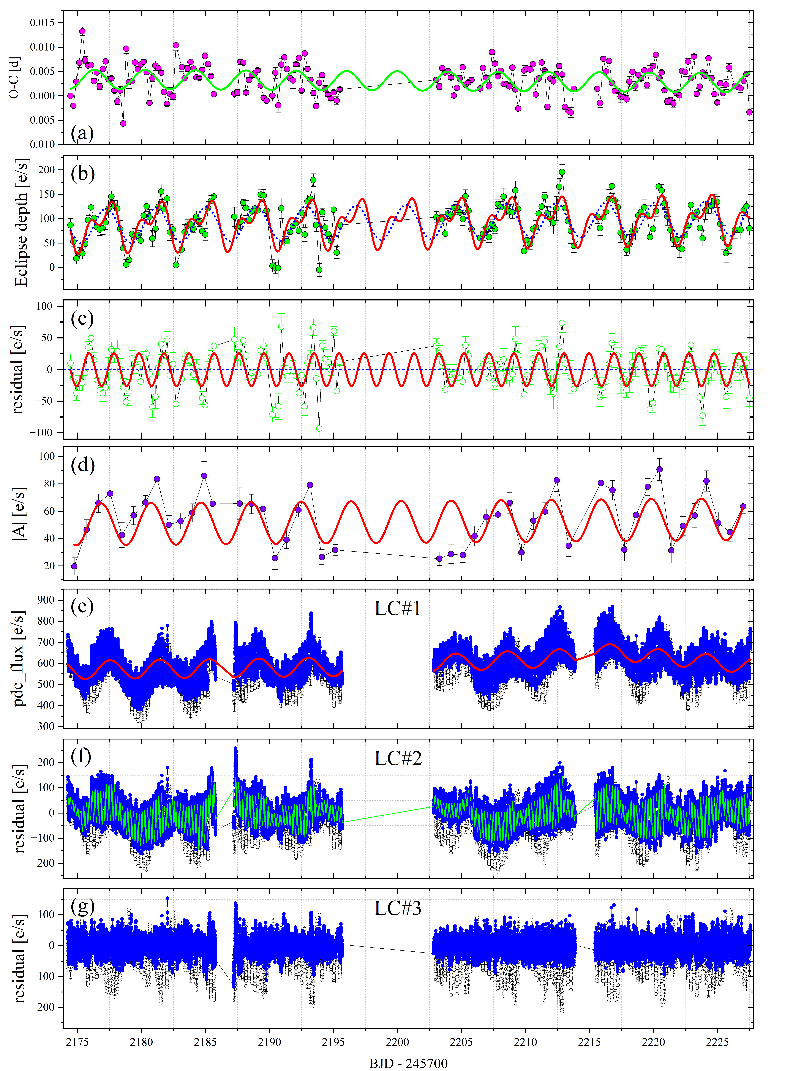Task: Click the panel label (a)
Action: [x=82, y=133]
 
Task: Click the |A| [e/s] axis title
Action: [x=19, y=513]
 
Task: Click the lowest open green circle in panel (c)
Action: [x=319, y=429]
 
